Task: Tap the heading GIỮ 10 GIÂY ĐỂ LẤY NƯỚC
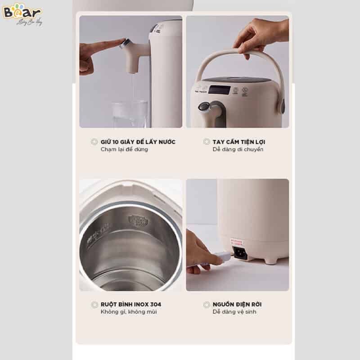138,142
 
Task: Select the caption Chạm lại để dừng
124,149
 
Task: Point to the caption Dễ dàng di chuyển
238,149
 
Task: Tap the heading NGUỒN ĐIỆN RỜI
237,304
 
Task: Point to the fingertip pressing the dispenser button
118,43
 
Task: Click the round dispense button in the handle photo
205,107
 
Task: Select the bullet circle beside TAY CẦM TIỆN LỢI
207,142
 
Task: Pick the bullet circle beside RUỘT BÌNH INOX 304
94,305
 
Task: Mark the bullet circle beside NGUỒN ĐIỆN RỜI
207,305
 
